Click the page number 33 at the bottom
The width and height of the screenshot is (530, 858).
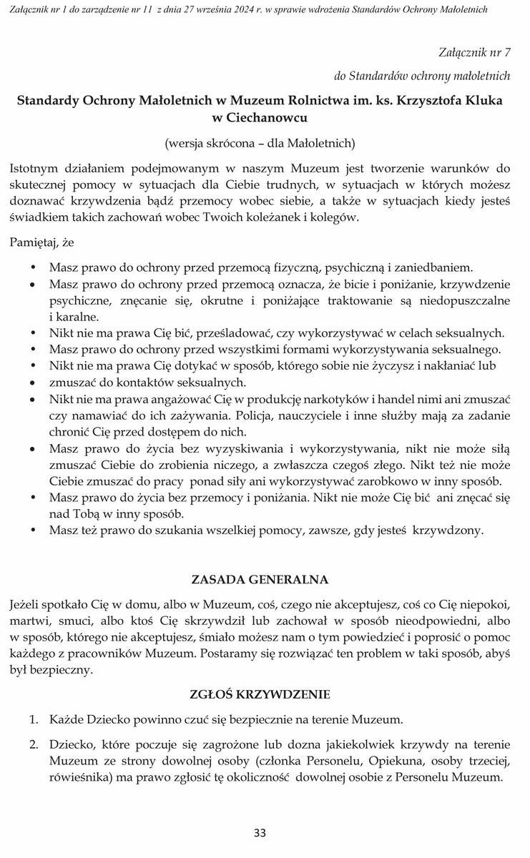(260, 832)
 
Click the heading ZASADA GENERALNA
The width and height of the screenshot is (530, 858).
(260, 578)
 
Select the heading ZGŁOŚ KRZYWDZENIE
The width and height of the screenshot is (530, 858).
(260, 694)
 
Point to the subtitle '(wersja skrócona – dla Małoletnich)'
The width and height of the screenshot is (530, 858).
(260, 142)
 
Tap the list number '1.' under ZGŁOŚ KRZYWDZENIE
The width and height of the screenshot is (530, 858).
(33, 719)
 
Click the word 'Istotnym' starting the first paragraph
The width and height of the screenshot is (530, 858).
(33, 169)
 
